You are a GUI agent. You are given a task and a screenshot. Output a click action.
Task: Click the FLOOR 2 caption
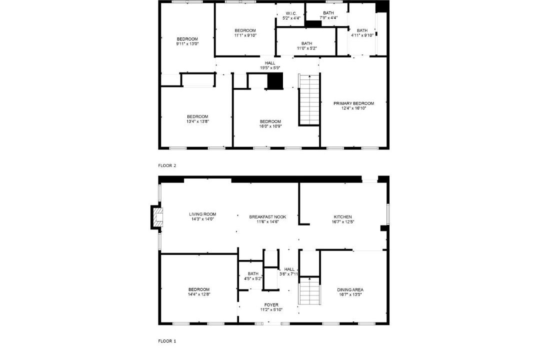coord(167,165)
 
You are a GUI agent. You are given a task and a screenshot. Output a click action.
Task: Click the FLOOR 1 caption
coord(167,341)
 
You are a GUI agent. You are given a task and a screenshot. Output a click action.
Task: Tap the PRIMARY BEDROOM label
coord(353,103)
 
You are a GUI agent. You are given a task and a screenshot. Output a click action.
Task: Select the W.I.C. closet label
coord(291,13)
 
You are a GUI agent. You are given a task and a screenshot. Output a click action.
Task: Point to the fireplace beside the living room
coord(156,217)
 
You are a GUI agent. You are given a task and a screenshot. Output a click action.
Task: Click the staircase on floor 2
coord(309,99)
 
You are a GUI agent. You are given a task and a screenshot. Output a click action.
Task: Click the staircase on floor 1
coord(309,291)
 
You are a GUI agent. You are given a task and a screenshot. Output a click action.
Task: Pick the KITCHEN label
coord(342,217)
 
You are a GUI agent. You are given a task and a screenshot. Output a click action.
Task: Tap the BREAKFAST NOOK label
coord(267,217)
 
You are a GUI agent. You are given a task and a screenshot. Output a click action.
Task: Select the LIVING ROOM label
coord(202,214)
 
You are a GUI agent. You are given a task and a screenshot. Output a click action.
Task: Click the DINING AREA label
coord(350,289)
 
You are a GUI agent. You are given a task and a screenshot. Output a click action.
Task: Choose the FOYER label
coord(271,305)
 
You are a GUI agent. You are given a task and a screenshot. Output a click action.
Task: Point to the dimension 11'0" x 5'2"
coord(307,48)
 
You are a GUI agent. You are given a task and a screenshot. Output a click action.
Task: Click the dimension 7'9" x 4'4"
coord(328,17)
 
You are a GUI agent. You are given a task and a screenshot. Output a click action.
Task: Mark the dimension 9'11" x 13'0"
coord(187,44)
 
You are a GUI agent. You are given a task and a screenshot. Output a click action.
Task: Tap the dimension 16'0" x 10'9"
coord(270,126)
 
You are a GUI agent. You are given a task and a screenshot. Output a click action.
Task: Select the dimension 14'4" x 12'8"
coord(198,294)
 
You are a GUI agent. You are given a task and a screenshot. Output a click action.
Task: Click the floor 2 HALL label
coord(270,63)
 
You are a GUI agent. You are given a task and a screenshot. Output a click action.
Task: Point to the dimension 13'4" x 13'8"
coord(197,121)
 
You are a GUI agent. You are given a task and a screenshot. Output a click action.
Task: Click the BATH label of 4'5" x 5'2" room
coord(253,274)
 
